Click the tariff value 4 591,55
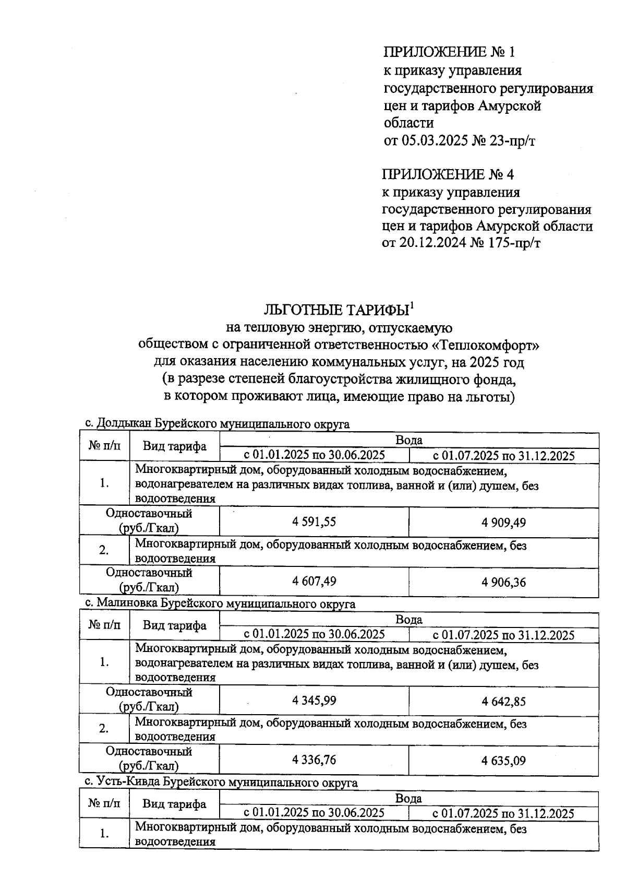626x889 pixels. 314,522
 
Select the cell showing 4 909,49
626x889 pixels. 503,523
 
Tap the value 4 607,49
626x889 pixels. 314,581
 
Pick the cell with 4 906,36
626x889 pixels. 503,582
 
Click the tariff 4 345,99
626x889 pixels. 314,701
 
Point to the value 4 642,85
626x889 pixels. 503,701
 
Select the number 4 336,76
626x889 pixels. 314,760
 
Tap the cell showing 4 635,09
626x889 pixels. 503,760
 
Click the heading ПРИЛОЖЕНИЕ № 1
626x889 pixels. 449,52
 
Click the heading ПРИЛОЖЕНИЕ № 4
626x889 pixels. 448,174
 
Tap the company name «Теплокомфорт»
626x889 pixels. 486,345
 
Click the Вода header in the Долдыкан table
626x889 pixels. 408,440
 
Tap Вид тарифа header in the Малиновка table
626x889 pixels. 174,625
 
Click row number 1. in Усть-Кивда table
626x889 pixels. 104,834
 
